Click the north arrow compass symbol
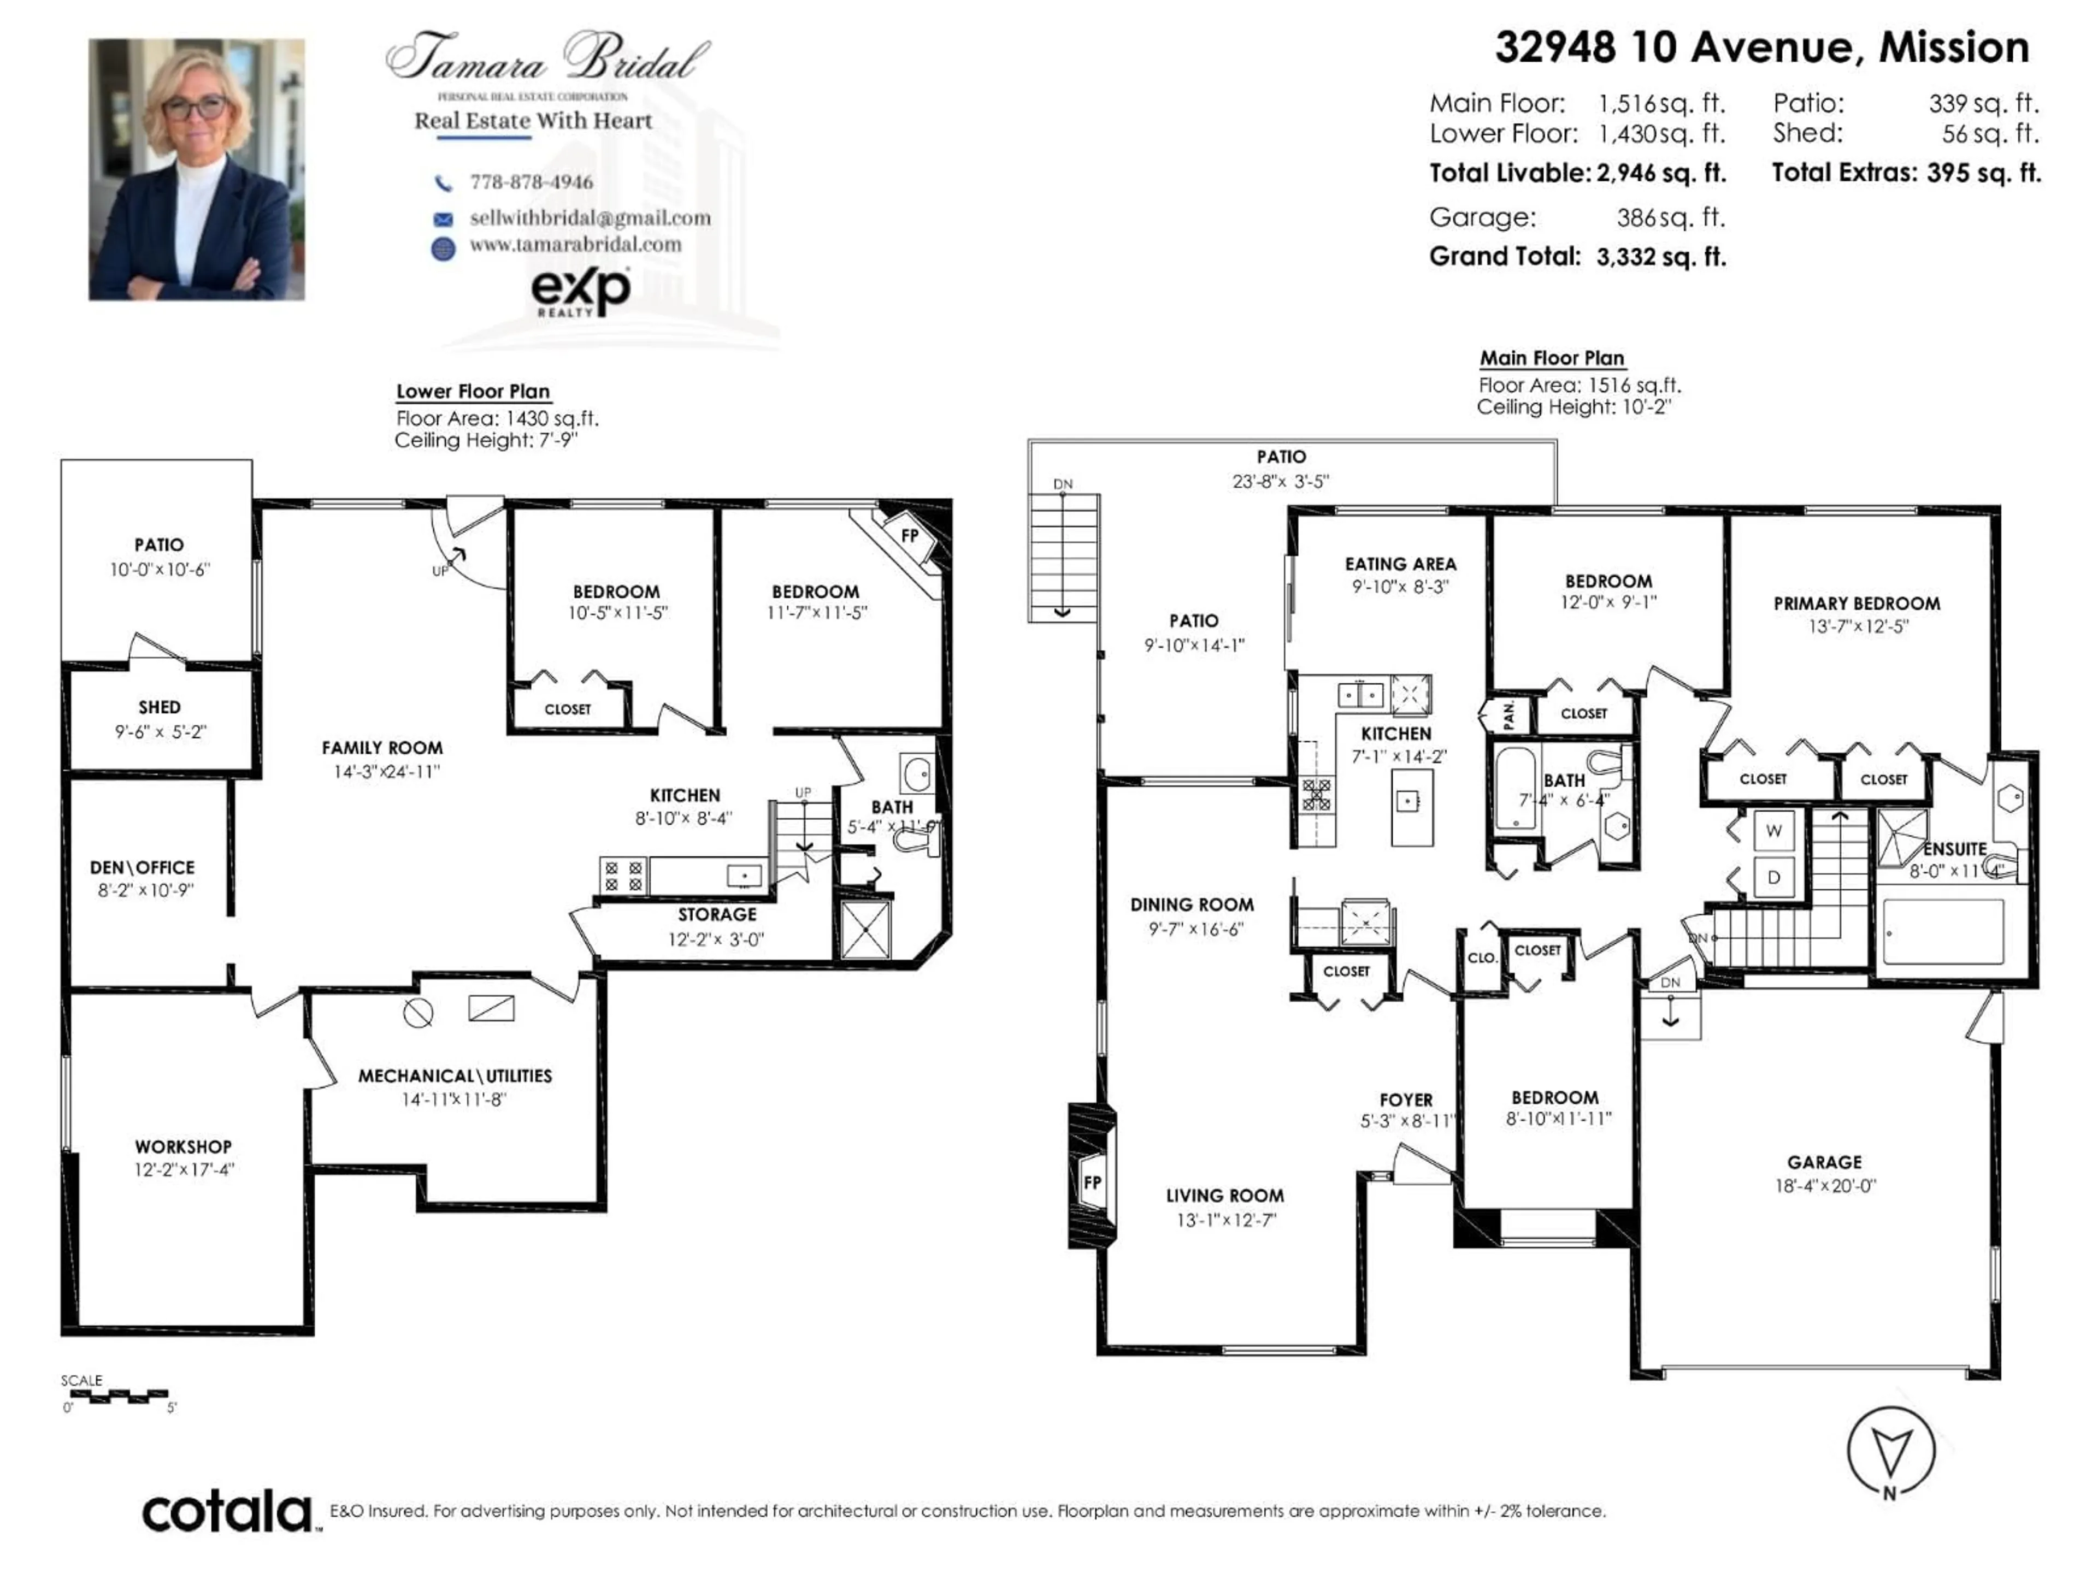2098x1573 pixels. (1890, 1451)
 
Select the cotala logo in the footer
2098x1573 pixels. (228, 1511)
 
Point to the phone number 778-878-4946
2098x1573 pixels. (531, 182)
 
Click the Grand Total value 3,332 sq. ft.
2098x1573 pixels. (1660, 257)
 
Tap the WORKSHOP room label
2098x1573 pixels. (183, 1146)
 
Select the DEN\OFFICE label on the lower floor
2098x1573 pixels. (142, 867)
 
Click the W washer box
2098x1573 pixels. (1773, 831)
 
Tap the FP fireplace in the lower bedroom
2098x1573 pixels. (910, 536)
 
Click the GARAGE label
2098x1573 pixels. (1824, 1162)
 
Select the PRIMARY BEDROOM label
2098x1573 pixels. (1856, 603)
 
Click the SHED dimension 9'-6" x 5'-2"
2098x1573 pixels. (160, 732)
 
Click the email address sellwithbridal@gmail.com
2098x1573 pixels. (590, 218)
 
